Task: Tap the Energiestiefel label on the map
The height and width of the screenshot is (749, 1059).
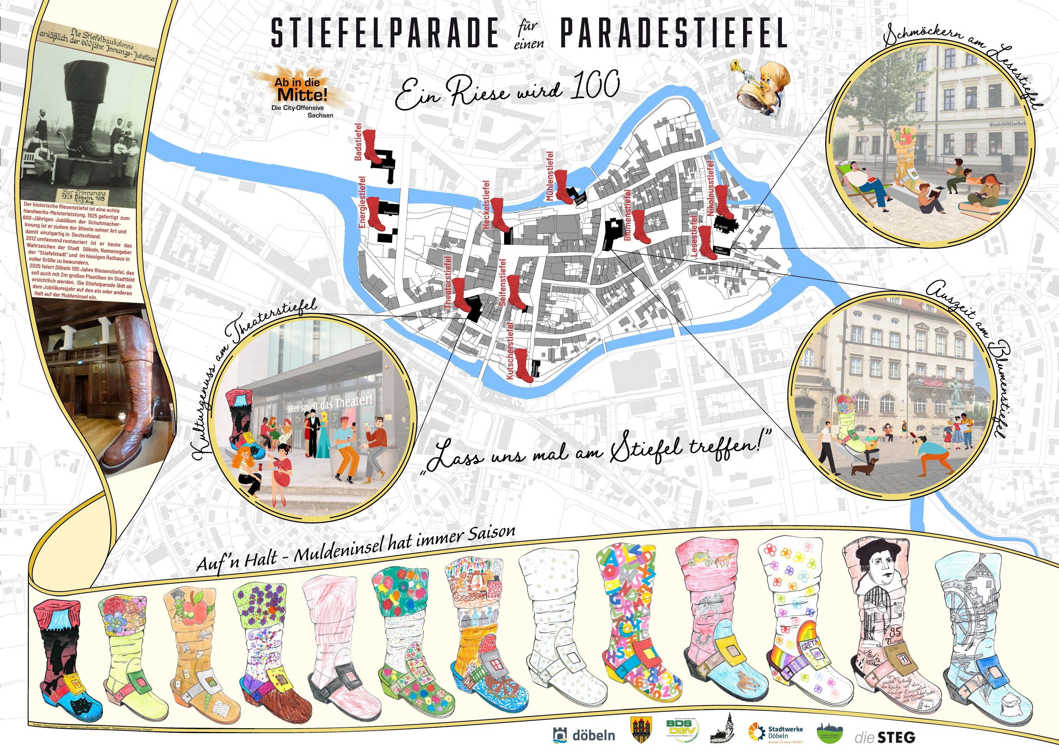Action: coord(362,202)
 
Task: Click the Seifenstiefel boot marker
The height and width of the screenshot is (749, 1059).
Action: coord(515,292)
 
